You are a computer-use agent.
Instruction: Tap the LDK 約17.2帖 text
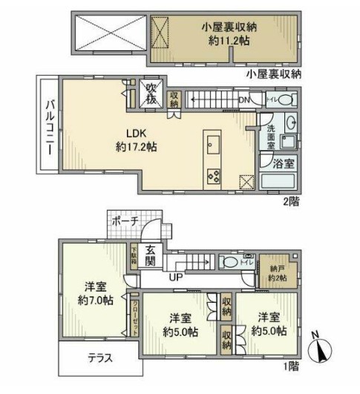(x=134, y=140)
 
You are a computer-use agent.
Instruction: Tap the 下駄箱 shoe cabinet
(x=134, y=256)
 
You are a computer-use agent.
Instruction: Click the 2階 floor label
(x=291, y=200)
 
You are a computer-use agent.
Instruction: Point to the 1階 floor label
(x=290, y=366)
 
